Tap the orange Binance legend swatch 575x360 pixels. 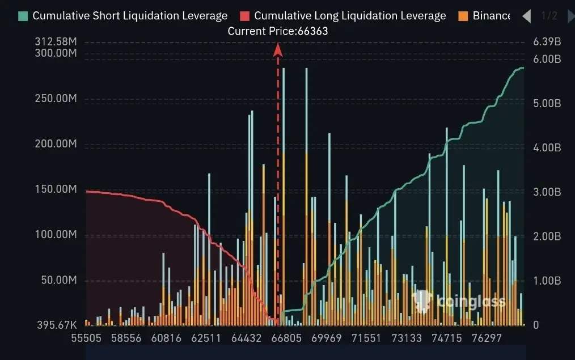pyautogui.click(x=463, y=16)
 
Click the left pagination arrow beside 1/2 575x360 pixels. pyautogui.click(x=526, y=16)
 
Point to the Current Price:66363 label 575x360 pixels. pyautogui.click(x=277, y=31)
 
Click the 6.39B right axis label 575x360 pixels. pyautogui.click(x=547, y=42)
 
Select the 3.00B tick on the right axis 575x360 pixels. pyautogui.click(x=547, y=192)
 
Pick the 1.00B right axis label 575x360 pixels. pyautogui.click(x=547, y=281)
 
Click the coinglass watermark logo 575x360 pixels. pyautogui.click(x=459, y=300)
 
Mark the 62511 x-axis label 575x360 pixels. pyautogui.click(x=206, y=338)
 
